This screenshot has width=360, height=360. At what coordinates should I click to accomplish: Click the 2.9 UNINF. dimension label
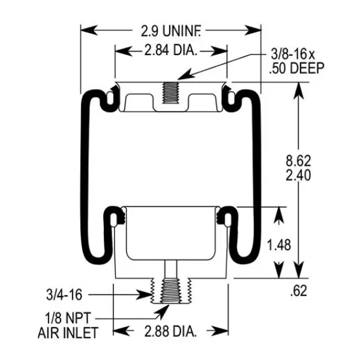170,28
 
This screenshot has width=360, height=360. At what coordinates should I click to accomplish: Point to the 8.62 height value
298,161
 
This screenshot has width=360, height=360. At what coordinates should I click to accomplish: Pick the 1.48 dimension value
280,244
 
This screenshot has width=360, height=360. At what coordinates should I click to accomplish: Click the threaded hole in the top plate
170,91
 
